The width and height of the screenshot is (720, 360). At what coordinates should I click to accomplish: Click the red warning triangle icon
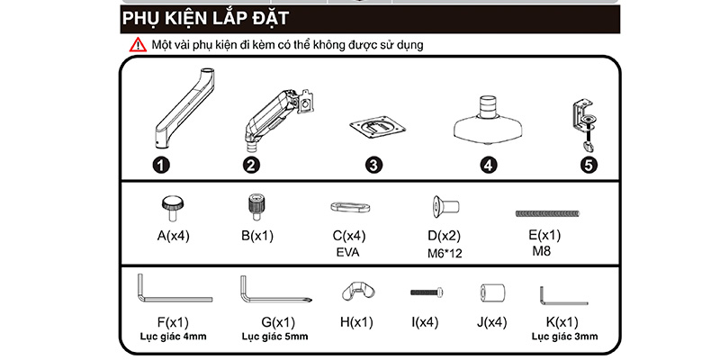coord(137,44)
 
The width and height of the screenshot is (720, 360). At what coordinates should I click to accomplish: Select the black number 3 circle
coord(373,166)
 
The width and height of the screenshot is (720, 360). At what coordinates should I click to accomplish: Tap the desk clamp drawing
coord(586,121)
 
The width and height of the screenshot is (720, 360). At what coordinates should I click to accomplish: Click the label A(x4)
coord(173,237)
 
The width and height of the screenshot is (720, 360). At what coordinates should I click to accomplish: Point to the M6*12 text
coord(445,254)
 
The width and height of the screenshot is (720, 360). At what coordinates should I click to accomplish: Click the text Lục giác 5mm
coord(274,337)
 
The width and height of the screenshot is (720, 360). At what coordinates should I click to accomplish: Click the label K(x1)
coord(562,322)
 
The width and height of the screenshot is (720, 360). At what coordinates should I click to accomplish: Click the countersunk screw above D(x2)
coord(442,207)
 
